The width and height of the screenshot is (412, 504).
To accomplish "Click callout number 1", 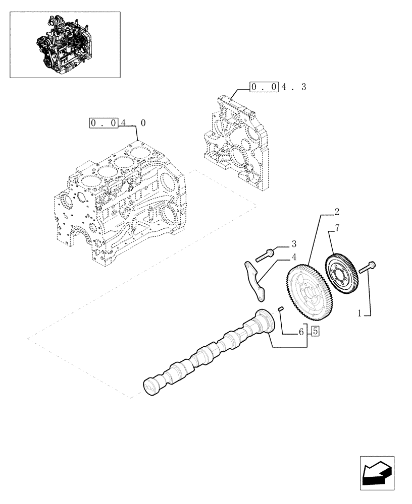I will click(360, 313).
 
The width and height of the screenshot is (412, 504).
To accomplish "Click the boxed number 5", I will click(316, 331).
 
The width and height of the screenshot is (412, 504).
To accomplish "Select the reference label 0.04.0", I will click(118, 123).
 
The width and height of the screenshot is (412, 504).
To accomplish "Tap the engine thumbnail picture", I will click(65, 45).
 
